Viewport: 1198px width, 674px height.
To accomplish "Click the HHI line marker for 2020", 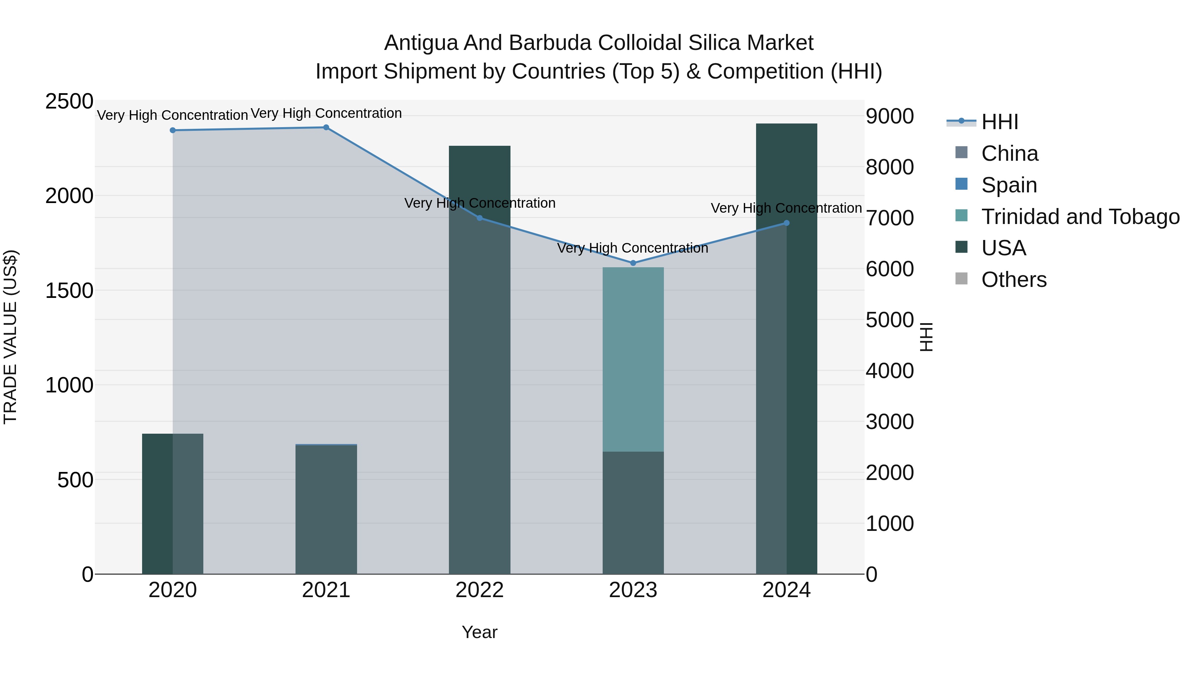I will pos(172,130).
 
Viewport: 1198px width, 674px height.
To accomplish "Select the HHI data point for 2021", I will pos(326,127).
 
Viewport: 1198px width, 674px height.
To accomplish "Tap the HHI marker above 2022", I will pos(480,218).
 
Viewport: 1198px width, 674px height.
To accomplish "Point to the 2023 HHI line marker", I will pos(633,263).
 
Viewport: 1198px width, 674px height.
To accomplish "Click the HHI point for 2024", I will pos(786,223).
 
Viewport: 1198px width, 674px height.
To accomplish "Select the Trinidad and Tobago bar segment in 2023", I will pos(633,359).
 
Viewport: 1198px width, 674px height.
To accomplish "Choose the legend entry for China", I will pos(1009,153).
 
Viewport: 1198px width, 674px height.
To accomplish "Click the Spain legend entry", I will pos(1009,185).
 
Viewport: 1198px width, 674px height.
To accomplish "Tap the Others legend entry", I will pos(1014,280).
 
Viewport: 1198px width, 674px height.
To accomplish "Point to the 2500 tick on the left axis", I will pos(69,102).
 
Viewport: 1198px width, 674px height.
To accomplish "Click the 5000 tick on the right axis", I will pos(890,320).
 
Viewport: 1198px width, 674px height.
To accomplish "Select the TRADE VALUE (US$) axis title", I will pos(11,337).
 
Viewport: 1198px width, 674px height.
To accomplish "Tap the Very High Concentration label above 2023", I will pos(633,248).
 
